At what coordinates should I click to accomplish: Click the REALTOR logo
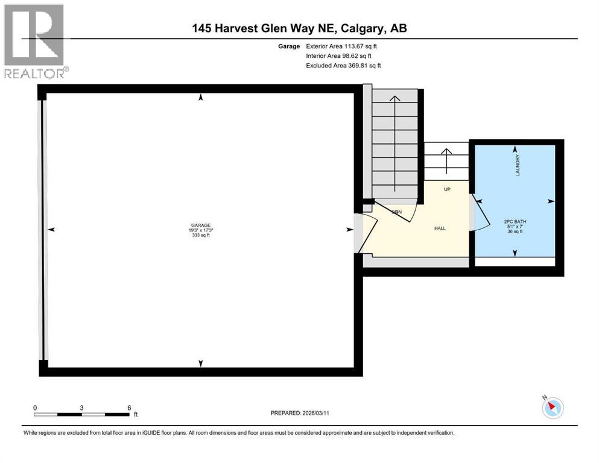(x=36, y=40)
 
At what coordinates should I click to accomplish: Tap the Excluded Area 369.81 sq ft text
(x=343, y=65)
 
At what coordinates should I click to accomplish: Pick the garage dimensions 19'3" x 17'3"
(x=201, y=231)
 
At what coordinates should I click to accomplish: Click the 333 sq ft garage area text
(x=201, y=236)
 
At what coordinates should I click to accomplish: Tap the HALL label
(x=440, y=228)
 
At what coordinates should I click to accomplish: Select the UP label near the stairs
(x=447, y=189)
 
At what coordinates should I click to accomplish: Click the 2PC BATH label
(x=515, y=221)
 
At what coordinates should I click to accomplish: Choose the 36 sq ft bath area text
(x=515, y=231)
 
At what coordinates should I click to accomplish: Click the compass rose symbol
(x=552, y=408)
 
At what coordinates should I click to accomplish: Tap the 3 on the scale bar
(x=81, y=408)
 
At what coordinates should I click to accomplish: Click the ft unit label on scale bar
(x=136, y=415)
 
